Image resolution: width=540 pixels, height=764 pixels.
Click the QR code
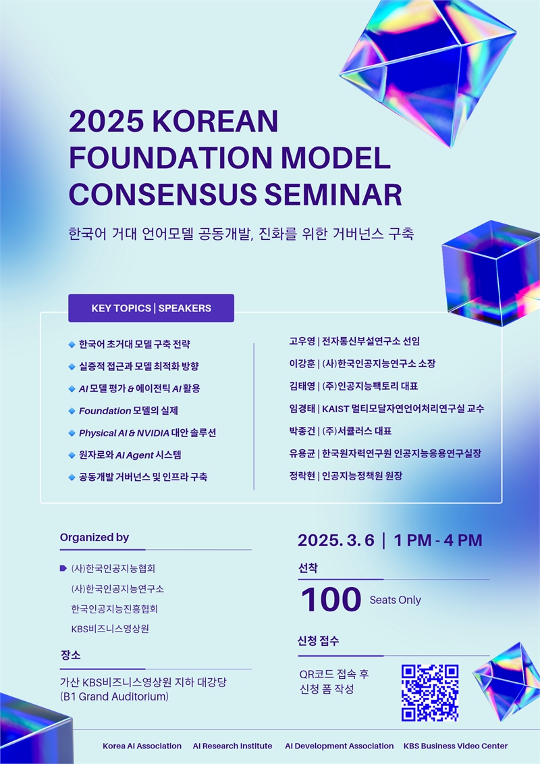pyautogui.click(x=430, y=692)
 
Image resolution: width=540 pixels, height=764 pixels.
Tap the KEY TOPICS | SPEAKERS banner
pyautogui.click(x=151, y=308)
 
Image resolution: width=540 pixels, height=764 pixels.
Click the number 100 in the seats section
pyautogui.click(x=331, y=599)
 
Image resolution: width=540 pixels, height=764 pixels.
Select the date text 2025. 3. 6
pyautogui.click(x=336, y=540)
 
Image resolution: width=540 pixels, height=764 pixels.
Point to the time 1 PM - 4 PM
pyautogui.click(x=438, y=540)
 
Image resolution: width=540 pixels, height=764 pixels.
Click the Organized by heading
pyautogui.click(x=94, y=538)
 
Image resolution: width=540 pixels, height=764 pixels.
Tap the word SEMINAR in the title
pyautogui.click(x=333, y=194)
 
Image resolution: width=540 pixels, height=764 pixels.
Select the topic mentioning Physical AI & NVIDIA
pyautogui.click(x=148, y=433)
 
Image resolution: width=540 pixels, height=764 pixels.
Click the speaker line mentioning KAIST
pyautogui.click(x=387, y=408)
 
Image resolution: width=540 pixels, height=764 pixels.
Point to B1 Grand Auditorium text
pyautogui.click(x=114, y=696)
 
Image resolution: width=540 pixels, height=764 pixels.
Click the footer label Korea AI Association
pyautogui.click(x=142, y=746)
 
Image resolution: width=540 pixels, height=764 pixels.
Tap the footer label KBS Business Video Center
pyautogui.click(x=456, y=746)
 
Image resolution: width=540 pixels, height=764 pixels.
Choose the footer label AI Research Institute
pyautogui.click(x=232, y=746)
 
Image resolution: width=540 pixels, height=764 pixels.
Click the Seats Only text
pyautogui.click(x=396, y=600)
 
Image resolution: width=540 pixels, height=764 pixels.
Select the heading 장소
pyautogui.click(x=71, y=655)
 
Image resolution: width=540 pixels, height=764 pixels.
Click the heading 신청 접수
pyautogui.click(x=319, y=641)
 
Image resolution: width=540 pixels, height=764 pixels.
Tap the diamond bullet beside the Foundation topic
pyautogui.click(x=72, y=411)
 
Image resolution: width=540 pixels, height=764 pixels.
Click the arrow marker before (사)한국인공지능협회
pyautogui.click(x=63, y=568)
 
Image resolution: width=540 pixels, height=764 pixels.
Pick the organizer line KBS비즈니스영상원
pyautogui.click(x=110, y=628)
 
